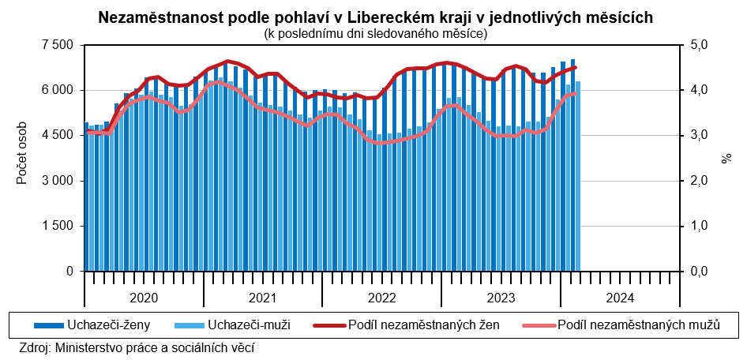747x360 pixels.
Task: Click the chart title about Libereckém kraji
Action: click(x=375, y=17)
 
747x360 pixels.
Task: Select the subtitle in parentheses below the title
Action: click(x=375, y=33)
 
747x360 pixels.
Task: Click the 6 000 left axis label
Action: click(x=57, y=90)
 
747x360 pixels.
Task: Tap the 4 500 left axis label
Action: click(x=57, y=136)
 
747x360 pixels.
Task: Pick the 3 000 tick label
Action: click(x=57, y=181)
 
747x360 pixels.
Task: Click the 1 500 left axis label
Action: click(x=57, y=226)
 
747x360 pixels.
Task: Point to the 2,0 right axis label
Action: click(x=700, y=181)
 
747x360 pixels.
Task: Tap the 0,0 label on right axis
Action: click(x=700, y=272)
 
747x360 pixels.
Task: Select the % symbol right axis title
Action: click(x=726, y=159)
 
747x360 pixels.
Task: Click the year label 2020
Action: click(x=143, y=298)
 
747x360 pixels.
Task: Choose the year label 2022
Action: click(x=381, y=298)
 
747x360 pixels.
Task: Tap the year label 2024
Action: click(x=620, y=298)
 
